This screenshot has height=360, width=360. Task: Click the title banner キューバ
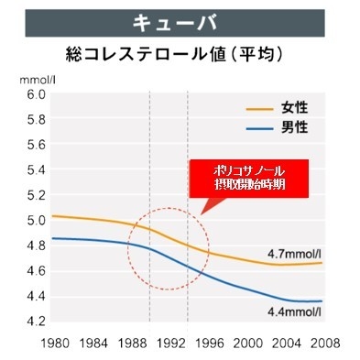pyautogui.click(x=180, y=20)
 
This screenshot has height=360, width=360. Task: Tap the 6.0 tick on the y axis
pyautogui.click(x=35, y=94)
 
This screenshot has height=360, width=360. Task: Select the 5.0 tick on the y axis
pyautogui.click(x=35, y=221)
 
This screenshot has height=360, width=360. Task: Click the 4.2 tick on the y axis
pyautogui.click(x=35, y=322)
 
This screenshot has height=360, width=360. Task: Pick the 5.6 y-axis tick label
pyautogui.click(x=35, y=145)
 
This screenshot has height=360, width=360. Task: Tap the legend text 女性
pyautogui.click(x=296, y=108)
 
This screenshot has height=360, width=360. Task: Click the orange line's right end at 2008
pyautogui.click(x=322, y=263)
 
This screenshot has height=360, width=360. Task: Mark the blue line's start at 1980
pyautogui.click(x=53, y=238)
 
